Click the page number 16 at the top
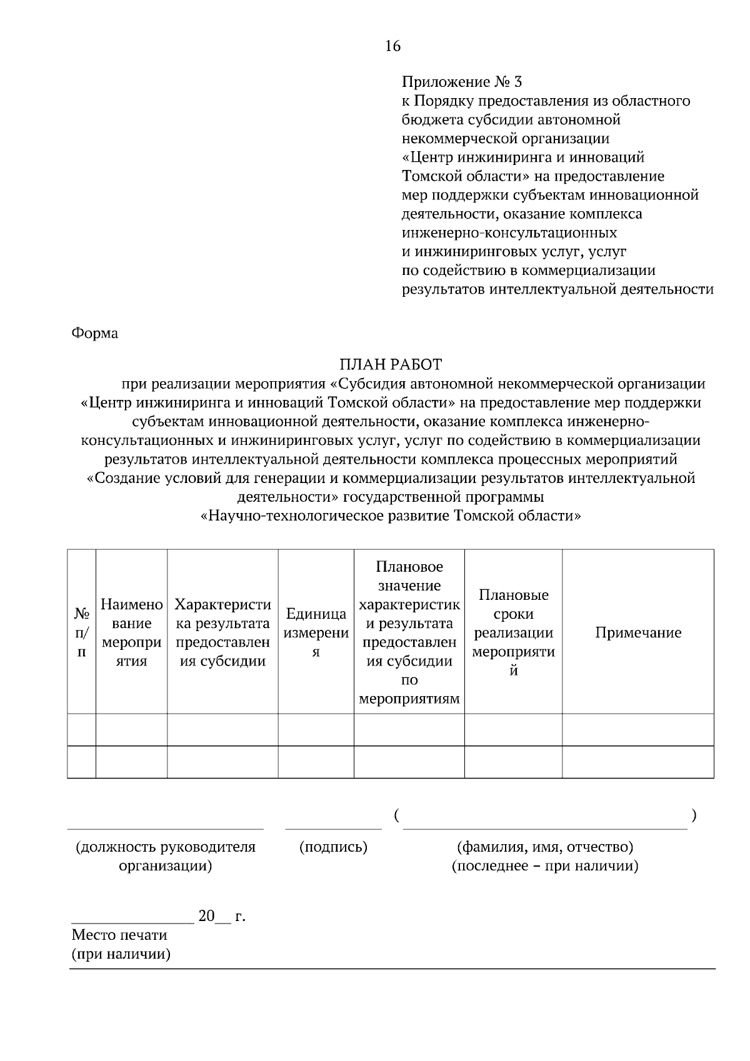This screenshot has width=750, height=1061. [392, 46]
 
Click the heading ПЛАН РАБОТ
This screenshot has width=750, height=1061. [391, 364]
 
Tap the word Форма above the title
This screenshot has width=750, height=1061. [95, 333]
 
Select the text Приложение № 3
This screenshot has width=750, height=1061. [461, 82]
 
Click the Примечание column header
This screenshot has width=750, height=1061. [637, 632]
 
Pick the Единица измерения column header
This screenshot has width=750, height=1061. [316, 632]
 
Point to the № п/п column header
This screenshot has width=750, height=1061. [81, 632]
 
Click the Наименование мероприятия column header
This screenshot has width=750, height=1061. [131, 632]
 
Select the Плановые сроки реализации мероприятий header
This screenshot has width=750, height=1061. [513, 632]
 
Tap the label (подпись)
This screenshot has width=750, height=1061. [333, 847]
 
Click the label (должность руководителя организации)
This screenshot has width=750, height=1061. [166, 856]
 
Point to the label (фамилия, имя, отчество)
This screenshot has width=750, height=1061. [545, 847]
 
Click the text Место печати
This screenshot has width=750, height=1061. [119, 935]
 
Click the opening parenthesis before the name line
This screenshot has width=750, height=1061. [397, 815]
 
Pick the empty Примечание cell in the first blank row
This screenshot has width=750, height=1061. [637, 729]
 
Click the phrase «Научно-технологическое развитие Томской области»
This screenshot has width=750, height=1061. [391, 516]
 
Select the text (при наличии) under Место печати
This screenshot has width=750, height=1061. [121, 954]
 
